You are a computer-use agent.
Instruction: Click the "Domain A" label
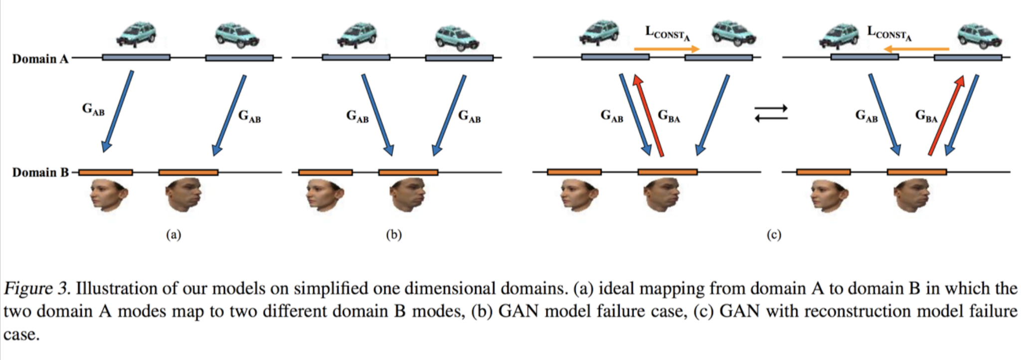tap(40, 59)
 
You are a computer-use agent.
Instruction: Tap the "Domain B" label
tap(40, 173)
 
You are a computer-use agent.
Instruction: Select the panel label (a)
tap(173, 235)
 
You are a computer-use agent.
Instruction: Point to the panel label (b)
tap(393, 235)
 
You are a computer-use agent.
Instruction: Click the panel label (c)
tap(774, 235)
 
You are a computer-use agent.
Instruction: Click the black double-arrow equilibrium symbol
tap(771, 113)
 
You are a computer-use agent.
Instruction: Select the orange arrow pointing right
tap(667, 49)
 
